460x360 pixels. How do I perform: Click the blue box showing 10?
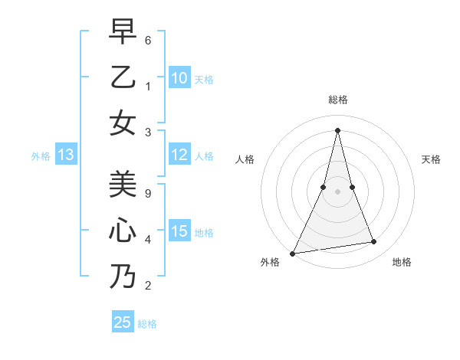coord(179,78)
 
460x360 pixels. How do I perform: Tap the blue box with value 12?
coord(179,155)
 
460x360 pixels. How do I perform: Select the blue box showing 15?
coord(179,231)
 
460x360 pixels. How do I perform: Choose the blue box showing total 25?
coord(123,322)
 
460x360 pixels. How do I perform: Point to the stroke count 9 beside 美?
coord(149,193)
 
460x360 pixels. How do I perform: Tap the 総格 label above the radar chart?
coord(337,100)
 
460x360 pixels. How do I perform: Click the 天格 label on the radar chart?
coord(431,159)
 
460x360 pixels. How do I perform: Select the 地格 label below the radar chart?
coord(402,262)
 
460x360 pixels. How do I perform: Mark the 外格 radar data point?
coord(293,253)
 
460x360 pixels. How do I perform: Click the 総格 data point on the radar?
coord(337,130)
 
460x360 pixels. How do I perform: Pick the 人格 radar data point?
coord(324,187)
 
